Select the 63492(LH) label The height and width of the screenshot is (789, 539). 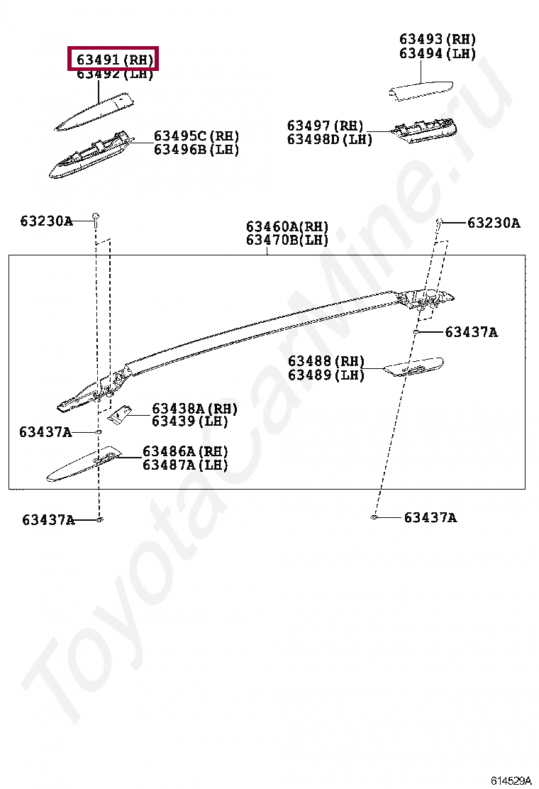point(115,75)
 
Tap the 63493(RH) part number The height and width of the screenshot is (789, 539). point(437,40)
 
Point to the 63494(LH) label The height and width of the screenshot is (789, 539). point(437,54)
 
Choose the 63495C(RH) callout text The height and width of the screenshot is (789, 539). point(196,136)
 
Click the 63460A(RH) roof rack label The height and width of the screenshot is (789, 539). point(287,227)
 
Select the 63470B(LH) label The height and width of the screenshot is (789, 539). point(287,241)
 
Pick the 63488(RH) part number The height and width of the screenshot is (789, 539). point(326,362)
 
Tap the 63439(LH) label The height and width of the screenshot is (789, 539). point(189,421)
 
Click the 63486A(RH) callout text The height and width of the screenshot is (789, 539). point(185,452)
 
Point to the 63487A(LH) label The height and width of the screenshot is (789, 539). point(185,465)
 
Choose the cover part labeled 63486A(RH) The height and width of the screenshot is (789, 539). point(82,465)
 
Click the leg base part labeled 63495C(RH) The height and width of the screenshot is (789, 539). point(89,156)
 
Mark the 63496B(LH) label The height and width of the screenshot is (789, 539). point(196,150)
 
